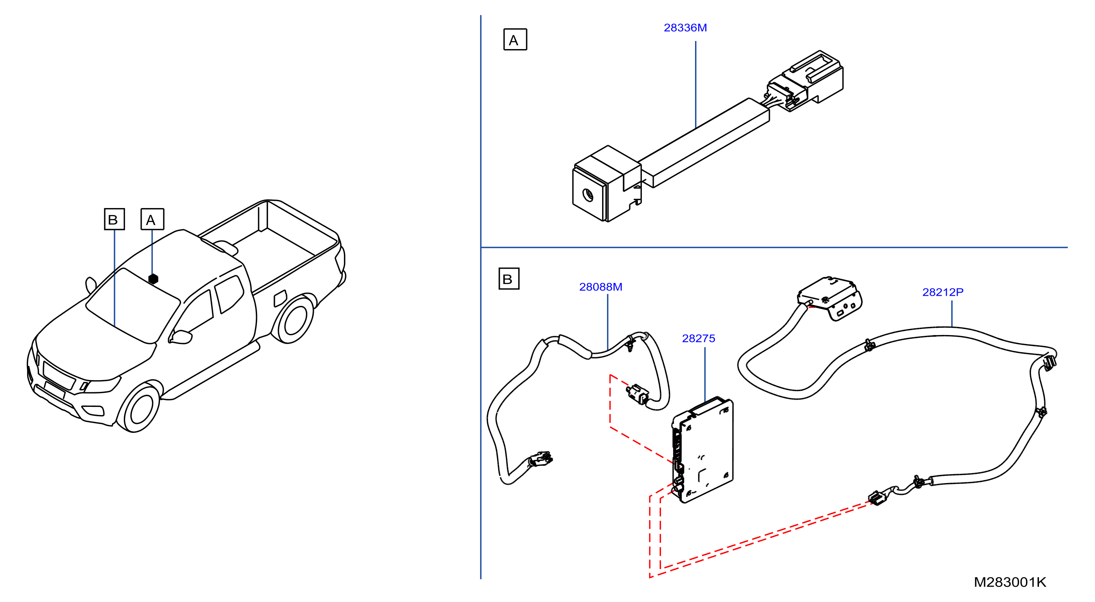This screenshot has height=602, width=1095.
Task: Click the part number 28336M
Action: [x=685, y=28]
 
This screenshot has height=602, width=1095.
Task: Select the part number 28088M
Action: [x=600, y=287]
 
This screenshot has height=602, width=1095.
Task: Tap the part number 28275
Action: [x=698, y=339]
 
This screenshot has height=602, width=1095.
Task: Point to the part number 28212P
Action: [x=943, y=292]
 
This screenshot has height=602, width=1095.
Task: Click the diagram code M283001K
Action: [x=1010, y=582]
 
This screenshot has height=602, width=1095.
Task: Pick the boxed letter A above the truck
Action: [x=152, y=219]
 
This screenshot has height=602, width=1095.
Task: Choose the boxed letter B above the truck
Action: [x=114, y=219]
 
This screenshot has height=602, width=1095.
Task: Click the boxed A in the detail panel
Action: [x=515, y=39]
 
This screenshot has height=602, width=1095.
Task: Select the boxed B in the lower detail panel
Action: [x=509, y=279]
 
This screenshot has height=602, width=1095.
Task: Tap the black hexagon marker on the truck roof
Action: [x=153, y=279]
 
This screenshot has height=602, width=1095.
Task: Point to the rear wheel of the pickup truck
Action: [x=293, y=320]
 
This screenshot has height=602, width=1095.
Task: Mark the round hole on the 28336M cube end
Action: [x=588, y=195]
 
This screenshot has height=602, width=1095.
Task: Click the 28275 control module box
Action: [x=702, y=450]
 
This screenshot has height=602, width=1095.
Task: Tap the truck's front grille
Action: [x=59, y=375]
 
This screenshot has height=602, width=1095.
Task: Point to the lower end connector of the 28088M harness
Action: [x=541, y=460]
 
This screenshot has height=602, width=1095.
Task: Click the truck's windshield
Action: [x=133, y=305]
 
